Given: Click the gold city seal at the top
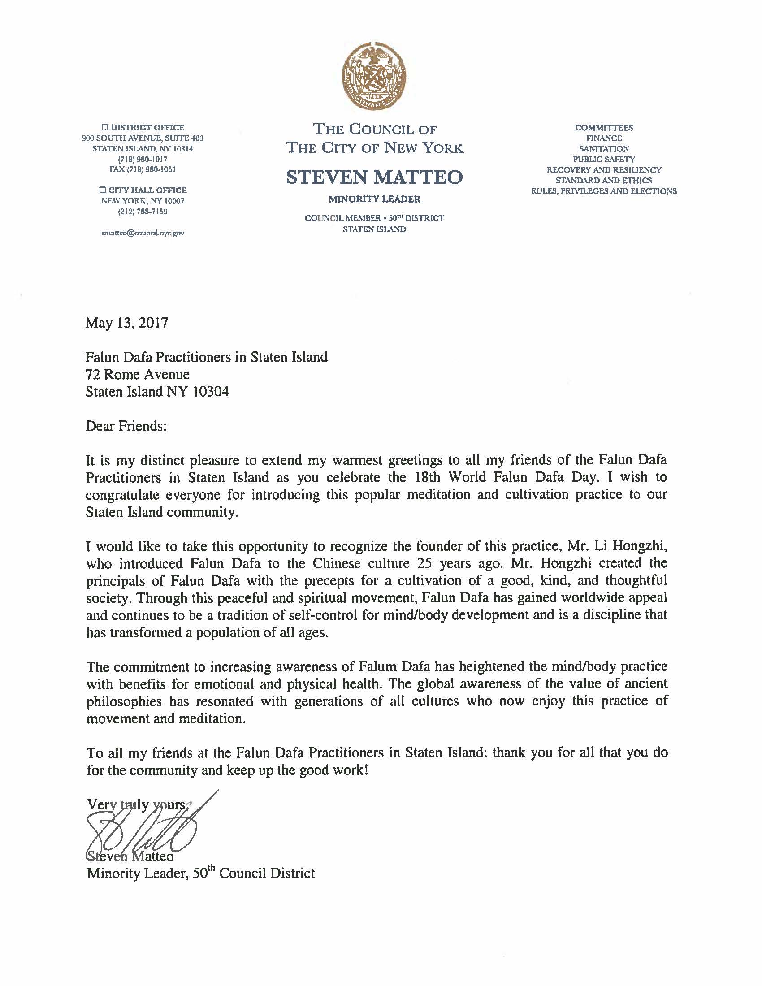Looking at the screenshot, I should click(374, 78).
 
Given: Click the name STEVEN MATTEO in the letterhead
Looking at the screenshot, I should click(374, 177).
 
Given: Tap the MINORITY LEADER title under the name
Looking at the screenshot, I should click(374, 199).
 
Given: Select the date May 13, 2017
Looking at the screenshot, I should click(126, 323).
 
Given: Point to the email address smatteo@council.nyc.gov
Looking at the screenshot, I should click(143, 234).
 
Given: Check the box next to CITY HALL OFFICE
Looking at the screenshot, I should click(103, 190).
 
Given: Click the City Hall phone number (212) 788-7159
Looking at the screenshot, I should click(143, 211).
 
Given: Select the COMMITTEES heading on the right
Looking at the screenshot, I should click(604, 128).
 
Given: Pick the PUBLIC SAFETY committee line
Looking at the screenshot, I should click(604, 160).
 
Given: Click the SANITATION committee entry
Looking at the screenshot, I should click(604, 148).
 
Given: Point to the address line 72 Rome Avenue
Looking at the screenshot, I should click(138, 374).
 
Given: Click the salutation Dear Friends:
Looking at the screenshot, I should click(126, 426).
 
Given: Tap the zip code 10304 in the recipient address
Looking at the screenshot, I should click(211, 391).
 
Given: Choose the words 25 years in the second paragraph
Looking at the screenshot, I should click(459, 563).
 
